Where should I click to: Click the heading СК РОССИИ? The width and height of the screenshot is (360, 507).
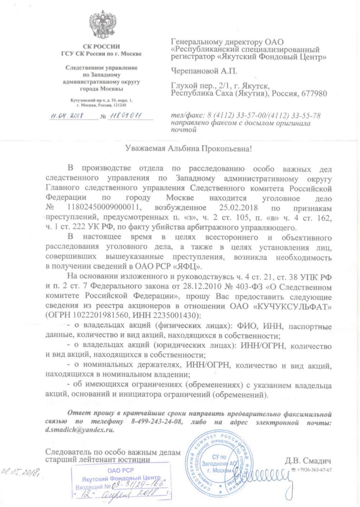coord(101,47)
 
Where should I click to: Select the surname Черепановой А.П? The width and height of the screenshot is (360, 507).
coord(204,71)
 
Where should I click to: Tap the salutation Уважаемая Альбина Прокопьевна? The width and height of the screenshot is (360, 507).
coord(188,148)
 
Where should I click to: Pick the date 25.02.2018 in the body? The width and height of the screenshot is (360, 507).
coord(238,207)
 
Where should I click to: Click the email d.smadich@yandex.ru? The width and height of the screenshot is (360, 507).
coord(80,430)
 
